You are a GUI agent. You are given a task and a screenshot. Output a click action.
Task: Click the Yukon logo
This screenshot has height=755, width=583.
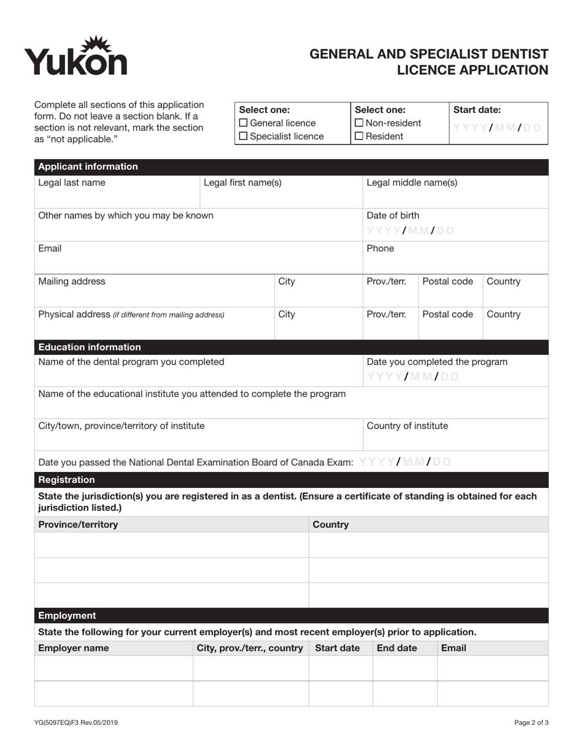[75, 56]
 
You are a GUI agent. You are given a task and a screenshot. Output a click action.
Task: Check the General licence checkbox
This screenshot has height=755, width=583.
[243, 123]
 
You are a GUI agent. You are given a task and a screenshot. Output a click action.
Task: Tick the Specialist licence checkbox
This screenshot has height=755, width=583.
[243, 136]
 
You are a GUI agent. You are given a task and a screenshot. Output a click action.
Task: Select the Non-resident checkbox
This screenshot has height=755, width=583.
[360, 123]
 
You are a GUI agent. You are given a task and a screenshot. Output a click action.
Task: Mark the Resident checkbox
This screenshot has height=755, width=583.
[360, 136]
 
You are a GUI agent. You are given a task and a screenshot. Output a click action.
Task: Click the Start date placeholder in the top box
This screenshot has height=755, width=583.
[497, 128]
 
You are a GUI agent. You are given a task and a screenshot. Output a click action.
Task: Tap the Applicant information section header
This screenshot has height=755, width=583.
[88, 166]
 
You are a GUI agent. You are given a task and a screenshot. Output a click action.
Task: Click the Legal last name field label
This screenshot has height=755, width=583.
[72, 182]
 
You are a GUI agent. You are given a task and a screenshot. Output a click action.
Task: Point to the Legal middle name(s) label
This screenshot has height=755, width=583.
[411, 182]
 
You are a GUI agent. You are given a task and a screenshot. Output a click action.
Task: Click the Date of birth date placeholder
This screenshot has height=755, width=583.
[411, 231]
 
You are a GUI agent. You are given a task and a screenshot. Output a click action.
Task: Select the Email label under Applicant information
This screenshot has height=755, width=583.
[50, 249]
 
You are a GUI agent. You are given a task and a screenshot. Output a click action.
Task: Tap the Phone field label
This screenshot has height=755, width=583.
[380, 249]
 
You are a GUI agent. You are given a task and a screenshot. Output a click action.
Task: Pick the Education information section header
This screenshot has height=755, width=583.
[90, 347]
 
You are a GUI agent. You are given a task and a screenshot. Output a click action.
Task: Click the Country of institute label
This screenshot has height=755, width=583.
[407, 426]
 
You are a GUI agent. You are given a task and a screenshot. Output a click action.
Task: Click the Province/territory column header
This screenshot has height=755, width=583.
[79, 524]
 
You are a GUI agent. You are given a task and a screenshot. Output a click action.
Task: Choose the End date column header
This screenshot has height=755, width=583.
[396, 648]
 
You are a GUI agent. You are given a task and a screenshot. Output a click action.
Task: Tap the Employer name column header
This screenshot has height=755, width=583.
[74, 648]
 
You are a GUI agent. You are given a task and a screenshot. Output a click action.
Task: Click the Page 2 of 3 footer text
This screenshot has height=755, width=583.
[531, 722]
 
